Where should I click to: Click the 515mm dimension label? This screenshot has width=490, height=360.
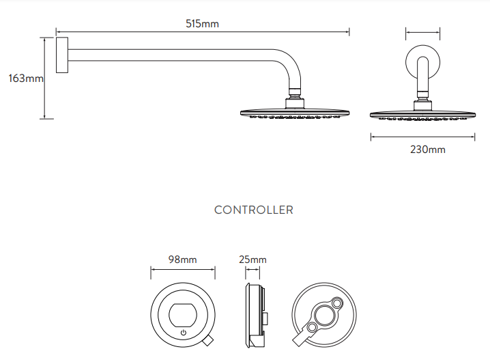[x=203, y=24]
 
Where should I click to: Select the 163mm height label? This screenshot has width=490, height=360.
[x=25, y=79]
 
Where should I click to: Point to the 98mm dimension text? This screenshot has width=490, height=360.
[x=182, y=260]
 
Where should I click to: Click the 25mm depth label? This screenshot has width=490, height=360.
[x=253, y=260]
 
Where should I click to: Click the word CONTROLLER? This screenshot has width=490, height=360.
[x=254, y=210]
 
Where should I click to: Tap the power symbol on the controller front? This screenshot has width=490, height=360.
[x=183, y=333]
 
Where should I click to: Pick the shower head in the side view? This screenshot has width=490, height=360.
[x=293, y=113]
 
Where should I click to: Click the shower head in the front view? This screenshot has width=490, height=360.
[x=422, y=113]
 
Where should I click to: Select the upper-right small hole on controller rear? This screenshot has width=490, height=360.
[x=336, y=303]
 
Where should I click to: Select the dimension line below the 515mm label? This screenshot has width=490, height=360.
[x=203, y=31]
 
